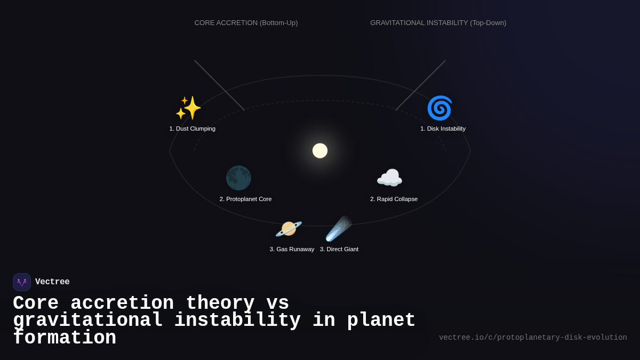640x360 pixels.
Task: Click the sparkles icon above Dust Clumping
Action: click(x=188, y=108)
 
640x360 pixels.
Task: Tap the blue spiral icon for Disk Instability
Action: click(x=439, y=108)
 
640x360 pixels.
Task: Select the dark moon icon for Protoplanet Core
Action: click(x=238, y=178)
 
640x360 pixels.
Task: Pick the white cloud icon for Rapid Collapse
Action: click(x=389, y=178)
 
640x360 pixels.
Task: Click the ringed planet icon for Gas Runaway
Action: click(x=289, y=229)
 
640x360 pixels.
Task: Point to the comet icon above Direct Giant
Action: click(x=339, y=229)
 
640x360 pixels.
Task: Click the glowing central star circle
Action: click(x=320, y=151)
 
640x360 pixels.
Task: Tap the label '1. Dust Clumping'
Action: click(x=193, y=129)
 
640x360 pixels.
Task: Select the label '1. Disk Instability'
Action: click(x=443, y=129)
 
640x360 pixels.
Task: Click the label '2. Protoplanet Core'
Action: click(x=245, y=199)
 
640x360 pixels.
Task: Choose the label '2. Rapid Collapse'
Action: click(x=394, y=199)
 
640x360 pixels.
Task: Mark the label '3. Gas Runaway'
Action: click(x=292, y=249)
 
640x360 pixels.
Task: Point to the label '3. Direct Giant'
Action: click(x=339, y=249)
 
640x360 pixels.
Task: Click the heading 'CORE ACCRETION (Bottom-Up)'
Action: click(x=246, y=23)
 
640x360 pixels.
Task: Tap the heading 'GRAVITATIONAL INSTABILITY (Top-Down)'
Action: click(x=438, y=23)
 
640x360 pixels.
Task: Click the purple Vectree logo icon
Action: click(x=22, y=282)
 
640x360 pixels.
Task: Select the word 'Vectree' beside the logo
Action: click(x=52, y=282)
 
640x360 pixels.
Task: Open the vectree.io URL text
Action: click(x=533, y=338)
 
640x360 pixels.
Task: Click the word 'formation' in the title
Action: click(x=65, y=338)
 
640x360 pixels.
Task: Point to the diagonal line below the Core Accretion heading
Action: click(x=220, y=85)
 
